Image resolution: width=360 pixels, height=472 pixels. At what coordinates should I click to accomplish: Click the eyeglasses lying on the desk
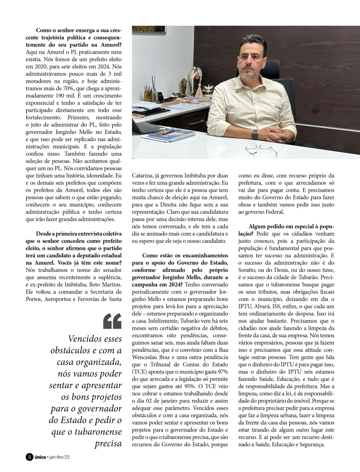coord(261,148)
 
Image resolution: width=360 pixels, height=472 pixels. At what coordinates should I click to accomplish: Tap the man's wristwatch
coord(255,134)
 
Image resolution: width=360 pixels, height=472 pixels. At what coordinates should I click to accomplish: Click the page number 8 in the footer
coord(29,457)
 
